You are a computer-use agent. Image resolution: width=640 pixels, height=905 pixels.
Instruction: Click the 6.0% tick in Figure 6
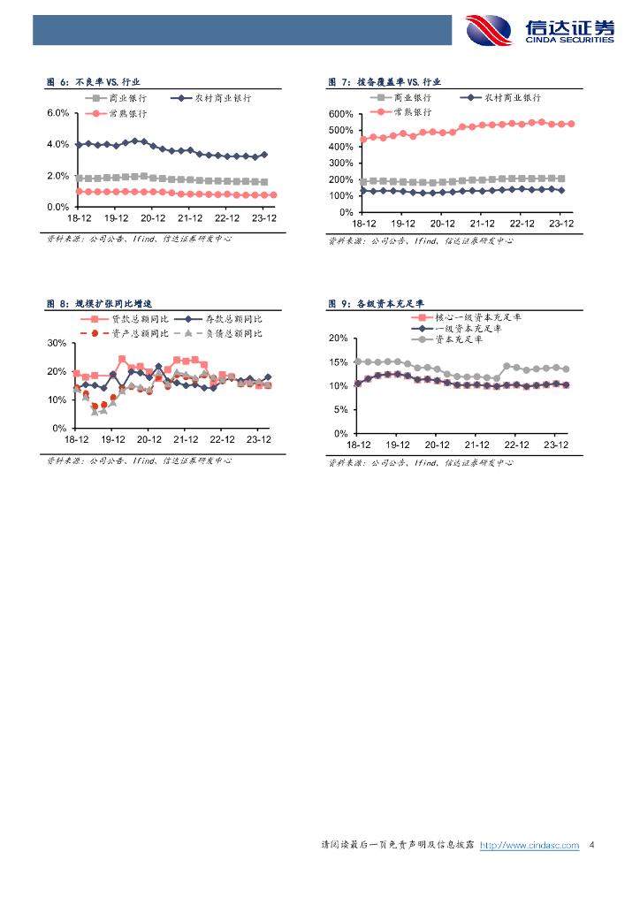coord(57,113)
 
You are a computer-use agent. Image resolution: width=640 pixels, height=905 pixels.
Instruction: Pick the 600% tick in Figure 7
coord(340,114)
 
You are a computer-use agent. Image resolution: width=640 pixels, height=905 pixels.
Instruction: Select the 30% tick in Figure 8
coord(56,343)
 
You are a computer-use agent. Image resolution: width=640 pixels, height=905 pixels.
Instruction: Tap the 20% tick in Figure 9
coord(338,338)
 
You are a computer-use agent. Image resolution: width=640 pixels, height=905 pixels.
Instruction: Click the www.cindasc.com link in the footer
coord(529,846)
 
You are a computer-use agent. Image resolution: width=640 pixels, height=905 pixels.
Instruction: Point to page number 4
coord(591,846)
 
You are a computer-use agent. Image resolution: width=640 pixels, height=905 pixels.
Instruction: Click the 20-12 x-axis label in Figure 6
coord(154,217)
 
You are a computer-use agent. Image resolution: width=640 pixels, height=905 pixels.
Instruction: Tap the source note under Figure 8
coord(139,460)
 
